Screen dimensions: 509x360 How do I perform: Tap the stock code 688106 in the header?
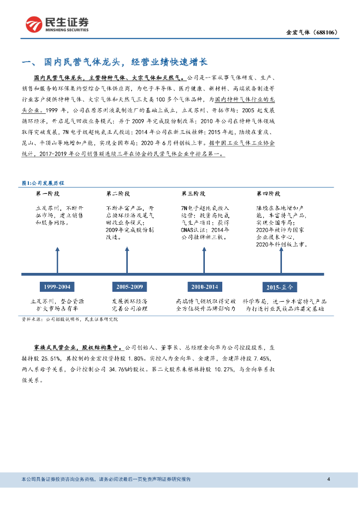tap(326, 33)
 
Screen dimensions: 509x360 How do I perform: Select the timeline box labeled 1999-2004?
tap(57, 287)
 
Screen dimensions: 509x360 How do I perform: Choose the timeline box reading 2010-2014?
tap(204, 287)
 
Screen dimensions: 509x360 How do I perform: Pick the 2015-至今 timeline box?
tap(280, 287)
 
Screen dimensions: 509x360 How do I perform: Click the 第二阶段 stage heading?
tap(118, 193)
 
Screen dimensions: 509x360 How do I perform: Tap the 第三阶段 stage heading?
tap(193, 193)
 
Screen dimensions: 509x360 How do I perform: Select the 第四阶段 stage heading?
tap(269, 193)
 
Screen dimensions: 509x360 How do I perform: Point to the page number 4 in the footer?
tap(329, 479)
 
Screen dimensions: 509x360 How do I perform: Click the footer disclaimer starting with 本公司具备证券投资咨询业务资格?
tap(106, 479)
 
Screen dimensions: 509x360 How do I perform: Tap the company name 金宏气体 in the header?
tap(298, 33)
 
